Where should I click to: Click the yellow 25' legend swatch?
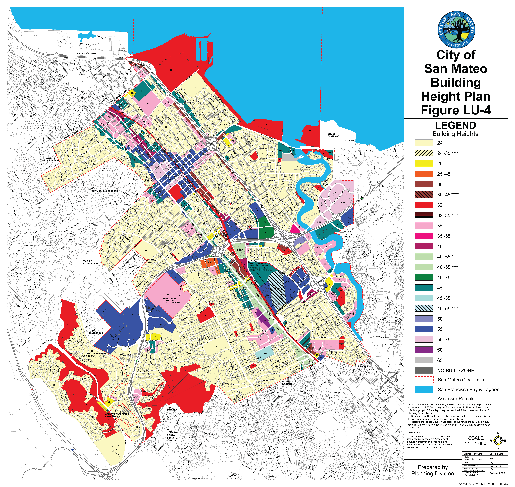pos(424,164)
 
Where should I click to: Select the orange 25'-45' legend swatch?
pos(424,174)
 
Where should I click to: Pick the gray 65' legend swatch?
pos(424,360)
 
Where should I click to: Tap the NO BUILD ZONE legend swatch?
pos(424,370)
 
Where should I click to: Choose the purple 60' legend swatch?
pos(424,350)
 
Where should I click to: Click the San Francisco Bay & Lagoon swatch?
pos(424,389)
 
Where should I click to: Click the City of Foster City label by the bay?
pos(334,135)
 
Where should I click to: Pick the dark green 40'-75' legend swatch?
pos(424,277)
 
